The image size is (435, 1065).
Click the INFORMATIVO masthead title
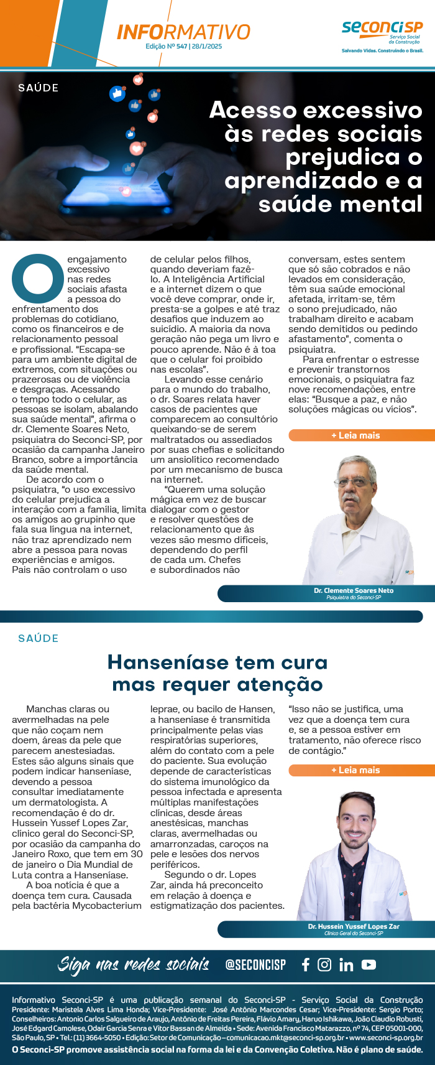(183, 32)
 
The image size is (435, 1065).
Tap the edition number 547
(181, 47)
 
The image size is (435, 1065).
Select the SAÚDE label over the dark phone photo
(39, 88)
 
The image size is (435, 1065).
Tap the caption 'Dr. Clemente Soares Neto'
(354, 590)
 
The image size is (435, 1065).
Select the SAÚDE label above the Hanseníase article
(39, 638)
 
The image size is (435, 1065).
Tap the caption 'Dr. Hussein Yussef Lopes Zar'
(354, 926)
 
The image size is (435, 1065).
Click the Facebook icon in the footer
(306, 964)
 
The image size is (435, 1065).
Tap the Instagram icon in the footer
(324, 964)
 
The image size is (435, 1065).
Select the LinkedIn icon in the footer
(346, 964)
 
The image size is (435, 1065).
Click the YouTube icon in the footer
(369, 964)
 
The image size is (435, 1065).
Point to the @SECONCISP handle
(255, 964)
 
